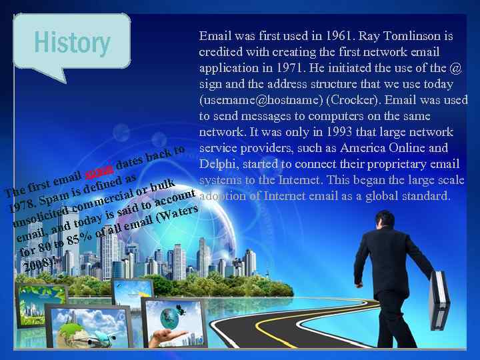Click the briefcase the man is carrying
(x=439, y=300)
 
